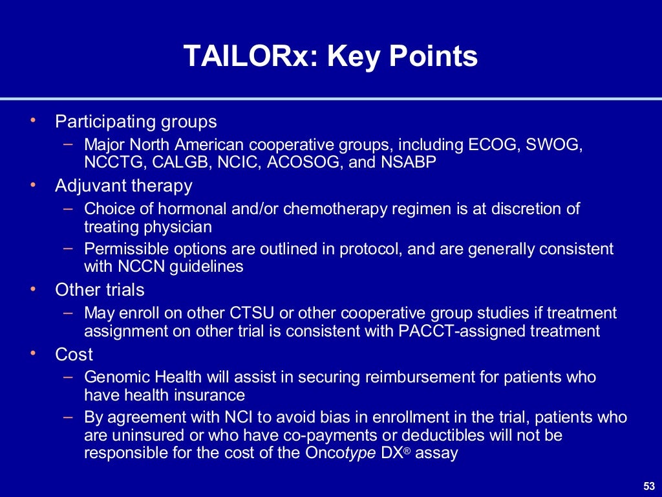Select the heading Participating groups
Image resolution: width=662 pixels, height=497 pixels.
pyautogui.click(x=136, y=122)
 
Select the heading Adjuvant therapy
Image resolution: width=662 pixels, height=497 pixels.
pyautogui.click(x=123, y=186)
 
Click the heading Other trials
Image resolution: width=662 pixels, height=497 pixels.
pyautogui.click(x=100, y=289)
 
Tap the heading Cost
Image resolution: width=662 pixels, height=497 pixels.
pyautogui.click(x=74, y=355)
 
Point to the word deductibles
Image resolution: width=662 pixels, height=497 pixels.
pyautogui.click(x=414, y=435)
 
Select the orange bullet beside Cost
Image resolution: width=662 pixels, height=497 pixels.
pyautogui.click(x=34, y=353)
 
